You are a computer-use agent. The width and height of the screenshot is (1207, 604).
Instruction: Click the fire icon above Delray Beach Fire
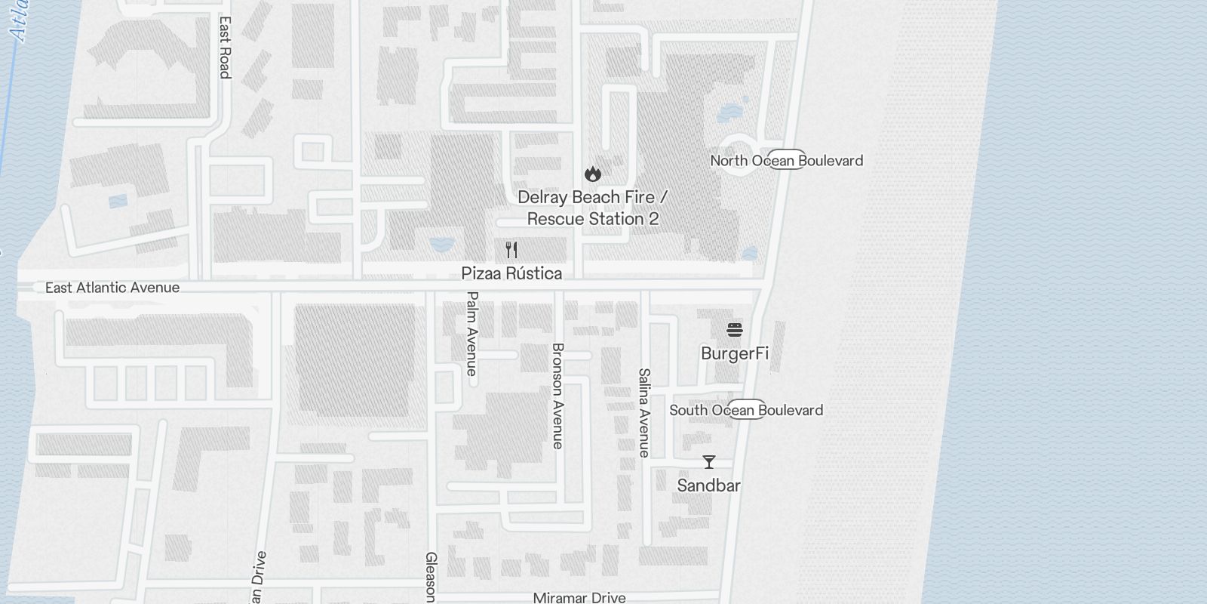coord(593,174)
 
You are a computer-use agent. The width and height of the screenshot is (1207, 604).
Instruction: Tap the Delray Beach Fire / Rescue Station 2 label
coord(592,208)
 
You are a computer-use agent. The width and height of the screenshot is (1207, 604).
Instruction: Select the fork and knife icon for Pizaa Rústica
coord(511,250)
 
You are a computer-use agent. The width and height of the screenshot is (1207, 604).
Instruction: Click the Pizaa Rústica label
coord(511,273)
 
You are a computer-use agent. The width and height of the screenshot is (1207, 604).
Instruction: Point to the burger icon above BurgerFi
coord(735,330)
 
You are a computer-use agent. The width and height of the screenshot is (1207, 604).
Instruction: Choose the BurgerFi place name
coord(735,353)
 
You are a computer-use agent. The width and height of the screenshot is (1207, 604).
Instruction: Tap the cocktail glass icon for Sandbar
coord(708,462)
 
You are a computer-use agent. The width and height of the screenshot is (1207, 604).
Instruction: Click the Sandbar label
coord(708,485)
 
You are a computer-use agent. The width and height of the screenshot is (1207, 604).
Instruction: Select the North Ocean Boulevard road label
coord(786,160)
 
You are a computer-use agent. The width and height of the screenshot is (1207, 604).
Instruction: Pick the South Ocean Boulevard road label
coord(746,410)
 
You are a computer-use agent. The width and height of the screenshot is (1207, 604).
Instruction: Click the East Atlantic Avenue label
coord(112,288)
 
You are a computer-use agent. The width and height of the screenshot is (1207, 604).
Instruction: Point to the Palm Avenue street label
coord(472,333)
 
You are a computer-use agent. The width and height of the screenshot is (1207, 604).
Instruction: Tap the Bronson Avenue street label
coord(558,396)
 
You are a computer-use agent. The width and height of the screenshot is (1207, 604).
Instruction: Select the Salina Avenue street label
coord(643,412)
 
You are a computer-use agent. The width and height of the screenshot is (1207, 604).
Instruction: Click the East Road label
coord(224,48)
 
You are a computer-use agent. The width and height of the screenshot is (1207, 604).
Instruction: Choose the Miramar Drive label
coord(579,597)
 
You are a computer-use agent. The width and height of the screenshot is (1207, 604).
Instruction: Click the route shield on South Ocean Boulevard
coord(747,410)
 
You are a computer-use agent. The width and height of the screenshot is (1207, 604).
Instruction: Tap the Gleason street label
coord(431,578)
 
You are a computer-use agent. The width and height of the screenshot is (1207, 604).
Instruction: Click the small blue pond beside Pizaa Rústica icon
coord(440,244)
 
